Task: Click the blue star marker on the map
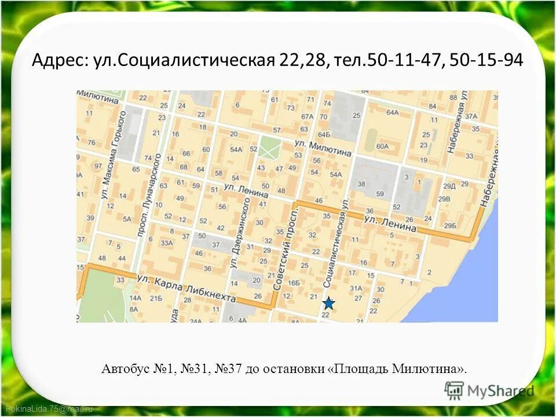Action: coord(328,303)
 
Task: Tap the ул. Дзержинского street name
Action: coord(239,232)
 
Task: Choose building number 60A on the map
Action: coord(382,147)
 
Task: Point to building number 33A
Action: coord(167,243)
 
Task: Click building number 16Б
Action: coord(294,283)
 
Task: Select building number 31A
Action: coord(356,288)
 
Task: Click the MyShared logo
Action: coord(489,391)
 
